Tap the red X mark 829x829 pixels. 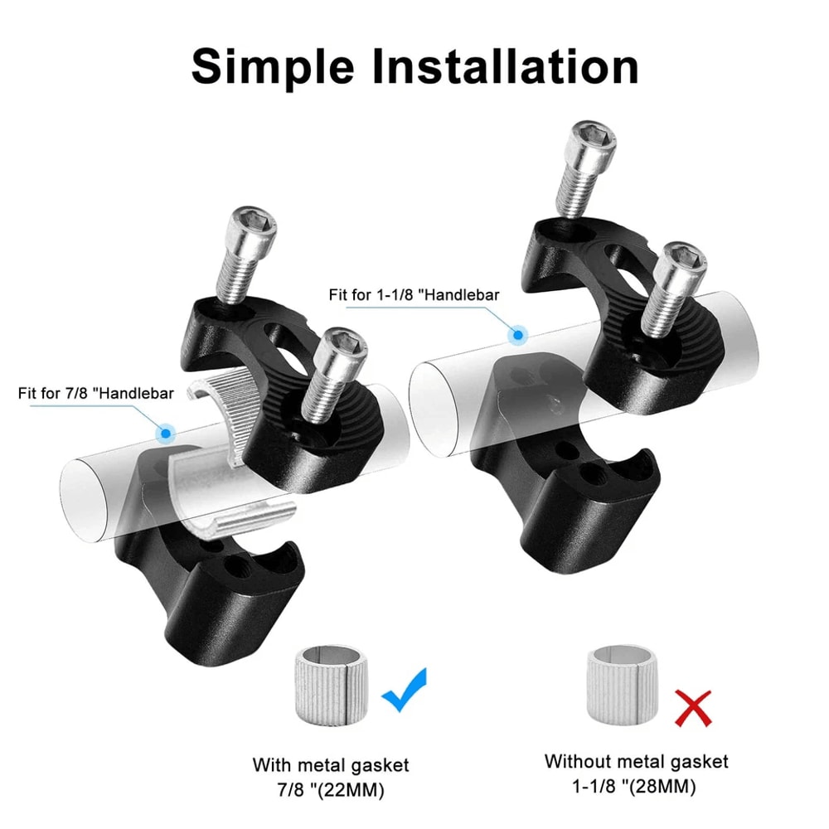point(692,707)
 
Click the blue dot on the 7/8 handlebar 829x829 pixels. point(166,433)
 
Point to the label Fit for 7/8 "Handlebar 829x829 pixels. point(96,393)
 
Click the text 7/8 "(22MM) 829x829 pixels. point(331,788)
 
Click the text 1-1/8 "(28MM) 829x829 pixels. point(636,785)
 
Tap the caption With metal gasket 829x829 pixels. point(331,764)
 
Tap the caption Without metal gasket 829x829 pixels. point(636,761)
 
